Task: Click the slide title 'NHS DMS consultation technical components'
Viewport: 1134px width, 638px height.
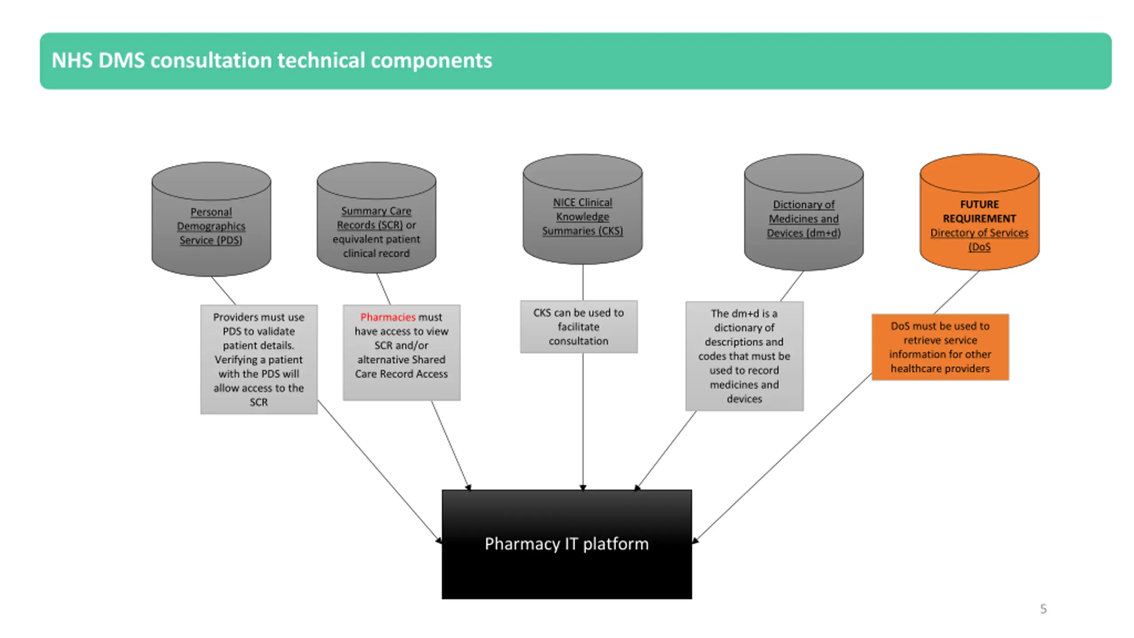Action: coord(272,60)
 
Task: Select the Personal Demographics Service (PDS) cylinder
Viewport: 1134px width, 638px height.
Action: coord(211,219)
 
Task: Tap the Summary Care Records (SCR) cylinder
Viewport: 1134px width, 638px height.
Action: coord(376,218)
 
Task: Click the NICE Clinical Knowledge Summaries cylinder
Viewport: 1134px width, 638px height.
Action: coord(583,209)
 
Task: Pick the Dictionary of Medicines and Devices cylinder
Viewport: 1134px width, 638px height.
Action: coord(804,212)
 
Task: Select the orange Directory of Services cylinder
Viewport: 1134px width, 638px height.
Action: coord(979,212)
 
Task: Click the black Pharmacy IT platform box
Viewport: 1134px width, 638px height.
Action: coord(567,544)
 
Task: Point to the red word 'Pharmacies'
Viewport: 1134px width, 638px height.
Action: coord(388,317)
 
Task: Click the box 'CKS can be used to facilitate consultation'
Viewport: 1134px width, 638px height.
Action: coord(579,327)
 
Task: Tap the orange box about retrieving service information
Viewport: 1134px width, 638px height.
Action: coord(940,347)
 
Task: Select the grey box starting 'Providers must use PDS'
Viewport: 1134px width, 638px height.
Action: coord(259,359)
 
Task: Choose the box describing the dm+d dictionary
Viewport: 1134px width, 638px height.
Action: coord(744,356)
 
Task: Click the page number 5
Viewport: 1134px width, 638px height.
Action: coord(1043,609)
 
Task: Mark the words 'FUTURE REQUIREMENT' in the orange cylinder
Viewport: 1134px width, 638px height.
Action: coord(979,211)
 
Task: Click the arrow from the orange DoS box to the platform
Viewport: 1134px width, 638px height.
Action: coord(782,458)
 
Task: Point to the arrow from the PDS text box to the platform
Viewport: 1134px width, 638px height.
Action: coord(380,471)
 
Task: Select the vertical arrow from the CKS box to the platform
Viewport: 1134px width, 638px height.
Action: coord(583,421)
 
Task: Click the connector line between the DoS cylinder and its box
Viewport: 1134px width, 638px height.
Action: coord(956,292)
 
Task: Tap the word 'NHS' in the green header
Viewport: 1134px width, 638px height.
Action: coord(72,60)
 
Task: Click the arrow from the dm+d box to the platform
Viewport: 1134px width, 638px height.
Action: coord(665,451)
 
